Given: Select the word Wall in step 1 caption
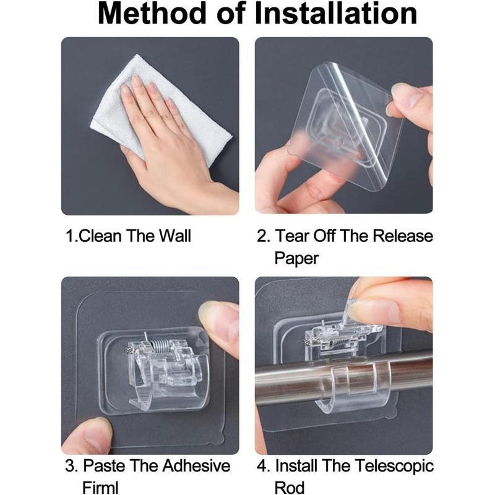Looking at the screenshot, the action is pyautogui.click(x=174, y=236).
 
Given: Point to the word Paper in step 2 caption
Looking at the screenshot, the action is pyautogui.click(x=296, y=258).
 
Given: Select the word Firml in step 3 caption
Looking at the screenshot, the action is pyautogui.click(x=100, y=488).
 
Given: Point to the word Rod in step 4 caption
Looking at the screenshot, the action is pyautogui.click(x=289, y=488).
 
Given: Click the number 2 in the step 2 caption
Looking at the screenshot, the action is pyautogui.click(x=261, y=236).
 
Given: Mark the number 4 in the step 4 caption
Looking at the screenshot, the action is pyautogui.click(x=262, y=467).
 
